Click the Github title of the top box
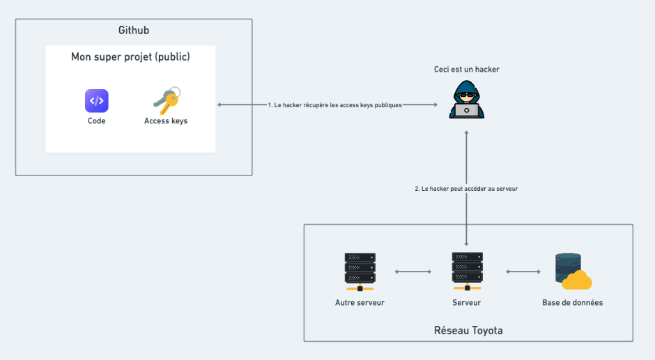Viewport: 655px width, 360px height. (134, 31)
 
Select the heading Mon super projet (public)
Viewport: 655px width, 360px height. (130, 57)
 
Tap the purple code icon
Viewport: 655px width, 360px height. (97, 101)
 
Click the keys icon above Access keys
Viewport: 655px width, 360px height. (166, 101)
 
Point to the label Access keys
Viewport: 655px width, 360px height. (166, 121)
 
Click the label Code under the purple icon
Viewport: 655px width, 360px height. (97, 121)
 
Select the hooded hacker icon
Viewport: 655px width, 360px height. (466, 100)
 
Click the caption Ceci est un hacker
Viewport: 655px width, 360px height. (466, 69)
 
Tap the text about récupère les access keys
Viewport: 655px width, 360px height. (335, 105)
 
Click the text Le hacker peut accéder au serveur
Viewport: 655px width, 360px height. (466, 189)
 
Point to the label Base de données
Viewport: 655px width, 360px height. (573, 303)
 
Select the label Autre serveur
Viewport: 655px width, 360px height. (360, 303)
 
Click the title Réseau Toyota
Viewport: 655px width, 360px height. (468, 330)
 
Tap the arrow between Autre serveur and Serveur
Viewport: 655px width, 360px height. (413, 272)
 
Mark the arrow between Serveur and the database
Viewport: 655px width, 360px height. (523, 272)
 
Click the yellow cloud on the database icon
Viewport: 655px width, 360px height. (578, 281)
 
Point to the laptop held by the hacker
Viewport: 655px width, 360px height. (466, 110)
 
